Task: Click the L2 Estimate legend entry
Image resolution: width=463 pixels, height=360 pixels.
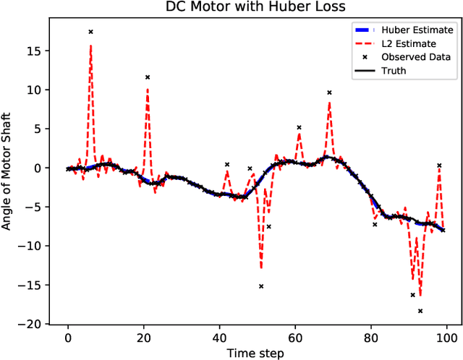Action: (412, 44)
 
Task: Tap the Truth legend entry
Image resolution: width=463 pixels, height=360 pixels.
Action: (401, 71)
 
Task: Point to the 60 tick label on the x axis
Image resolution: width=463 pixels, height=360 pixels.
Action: (295, 338)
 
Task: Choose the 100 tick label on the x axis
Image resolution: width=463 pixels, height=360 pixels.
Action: (447, 338)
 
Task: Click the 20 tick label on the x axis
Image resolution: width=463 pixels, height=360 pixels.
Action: (143, 338)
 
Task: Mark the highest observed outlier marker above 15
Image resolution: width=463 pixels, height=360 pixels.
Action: (90, 32)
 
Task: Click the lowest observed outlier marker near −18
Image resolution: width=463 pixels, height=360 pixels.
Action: (420, 311)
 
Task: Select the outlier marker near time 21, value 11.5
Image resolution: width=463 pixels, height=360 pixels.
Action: (148, 77)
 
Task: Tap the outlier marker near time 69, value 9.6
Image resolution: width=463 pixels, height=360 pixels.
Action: (329, 93)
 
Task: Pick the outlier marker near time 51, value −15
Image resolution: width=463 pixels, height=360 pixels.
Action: (261, 286)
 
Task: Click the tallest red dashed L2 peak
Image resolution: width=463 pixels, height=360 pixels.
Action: (90, 46)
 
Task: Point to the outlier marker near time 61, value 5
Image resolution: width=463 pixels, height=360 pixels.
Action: (299, 127)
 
